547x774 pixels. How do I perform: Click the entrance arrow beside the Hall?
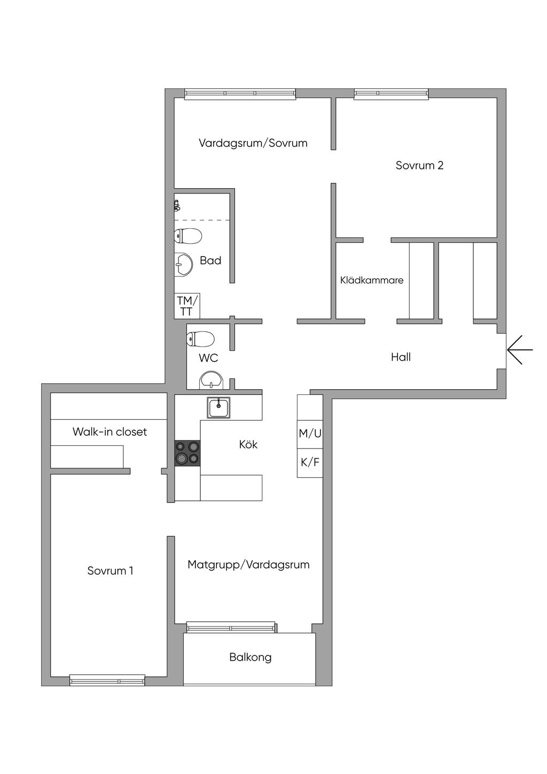[x=520, y=350]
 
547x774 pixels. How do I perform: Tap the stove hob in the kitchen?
[x=187, y=453]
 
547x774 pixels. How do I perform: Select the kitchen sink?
[x=218, y=408]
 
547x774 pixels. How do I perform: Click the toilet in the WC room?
[x=200, y=339]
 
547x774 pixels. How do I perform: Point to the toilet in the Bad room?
[x=187, y=236]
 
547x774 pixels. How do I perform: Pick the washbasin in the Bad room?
[x=183, y=265]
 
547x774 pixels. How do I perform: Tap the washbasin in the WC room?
[x=212, y=380]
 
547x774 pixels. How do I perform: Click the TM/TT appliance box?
[x=187, y=306]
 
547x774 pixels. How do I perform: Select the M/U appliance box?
[x=310, y=434]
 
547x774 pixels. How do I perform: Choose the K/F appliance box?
[x=310, y=463]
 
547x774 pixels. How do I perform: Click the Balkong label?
[x=251, y=657]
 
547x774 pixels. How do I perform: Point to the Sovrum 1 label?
[x=110, y=570]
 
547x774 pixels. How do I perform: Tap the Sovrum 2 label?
[x=419, y=165]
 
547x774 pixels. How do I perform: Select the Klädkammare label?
[x=372, y=280]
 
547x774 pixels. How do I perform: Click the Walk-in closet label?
[x=110, y=431]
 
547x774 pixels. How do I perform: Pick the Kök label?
[x=248, y=444]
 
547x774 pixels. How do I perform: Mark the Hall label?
[x=401, y=357]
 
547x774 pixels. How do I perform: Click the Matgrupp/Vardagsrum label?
[x=248, y=564]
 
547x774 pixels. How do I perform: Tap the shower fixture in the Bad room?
[x=177, y=205]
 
